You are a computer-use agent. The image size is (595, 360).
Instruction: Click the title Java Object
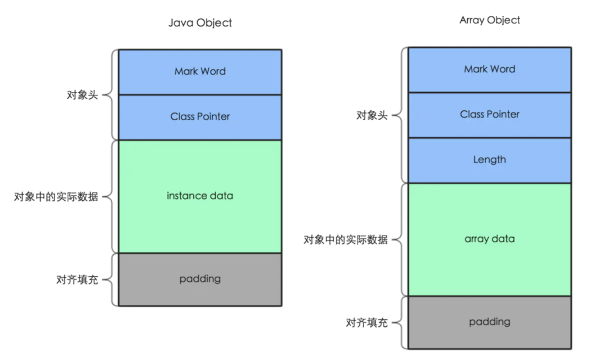(x=200, y=23)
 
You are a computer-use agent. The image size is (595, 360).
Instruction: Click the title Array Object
(x=489, y=20)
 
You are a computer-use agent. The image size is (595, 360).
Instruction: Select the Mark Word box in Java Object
(x=200, y=72)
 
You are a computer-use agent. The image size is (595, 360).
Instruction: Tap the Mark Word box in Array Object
(x=489, y=69)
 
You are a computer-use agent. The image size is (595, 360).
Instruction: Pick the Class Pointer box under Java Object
(x=200, y=117)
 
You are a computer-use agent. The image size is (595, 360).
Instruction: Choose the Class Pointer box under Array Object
(x=489, y=115)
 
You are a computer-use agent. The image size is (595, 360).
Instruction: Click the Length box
(x=489, y=160)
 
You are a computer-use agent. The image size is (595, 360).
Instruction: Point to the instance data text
(x=200, y=196)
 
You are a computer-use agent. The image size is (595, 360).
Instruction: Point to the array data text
(x=489, y=239)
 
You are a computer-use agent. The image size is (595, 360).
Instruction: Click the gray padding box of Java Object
(x=200, y=280)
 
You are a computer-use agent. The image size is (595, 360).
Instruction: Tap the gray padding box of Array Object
(x=489, y=322)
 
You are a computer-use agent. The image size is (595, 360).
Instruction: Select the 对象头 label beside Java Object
(x=82, y=95)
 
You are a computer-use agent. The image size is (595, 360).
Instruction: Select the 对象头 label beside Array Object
(x=372, y=115)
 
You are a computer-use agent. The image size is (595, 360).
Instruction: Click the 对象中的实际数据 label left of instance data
(x=56, y=197)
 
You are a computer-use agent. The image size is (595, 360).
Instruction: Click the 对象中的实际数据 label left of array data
(x=346, y=240)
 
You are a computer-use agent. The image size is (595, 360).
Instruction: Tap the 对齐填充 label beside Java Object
(x=77, y=280)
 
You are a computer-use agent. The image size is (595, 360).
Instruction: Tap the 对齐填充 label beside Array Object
(x=367, y=323)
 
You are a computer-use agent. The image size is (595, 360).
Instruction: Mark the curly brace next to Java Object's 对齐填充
(x=110, y=280)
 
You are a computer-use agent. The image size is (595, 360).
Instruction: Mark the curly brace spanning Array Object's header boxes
(x=400, y=115)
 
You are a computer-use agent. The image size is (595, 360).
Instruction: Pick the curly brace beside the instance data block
(x=110, y=197)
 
